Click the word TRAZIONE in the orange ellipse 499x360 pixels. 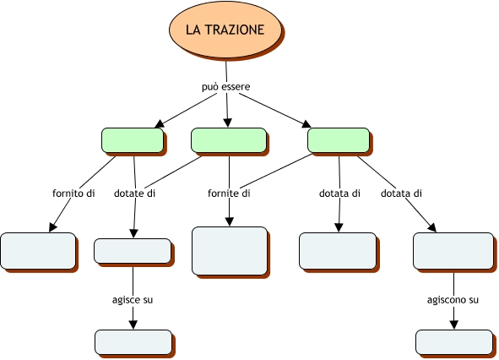click(235, 30)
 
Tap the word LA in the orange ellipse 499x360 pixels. click(193, 30)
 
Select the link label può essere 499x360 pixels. click(226, 87)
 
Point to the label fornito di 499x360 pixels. click(73, 194)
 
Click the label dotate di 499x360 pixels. click(134, 194)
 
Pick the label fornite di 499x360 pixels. click(229, 194)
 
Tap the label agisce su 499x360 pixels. click(133, 300)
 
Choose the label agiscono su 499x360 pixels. click(453, 300)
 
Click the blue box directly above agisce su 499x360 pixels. click(133, 251)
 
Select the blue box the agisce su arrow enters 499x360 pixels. click(133, 342)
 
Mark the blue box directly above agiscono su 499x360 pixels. click(453, 251)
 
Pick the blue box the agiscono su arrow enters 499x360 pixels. click(454, 342)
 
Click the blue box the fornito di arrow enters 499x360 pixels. click(38, 251)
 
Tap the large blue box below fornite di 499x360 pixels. click(230, 251)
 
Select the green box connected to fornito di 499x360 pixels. click(133, 140)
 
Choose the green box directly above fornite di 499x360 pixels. click(229, 140)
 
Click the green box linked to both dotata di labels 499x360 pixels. click(339, 140)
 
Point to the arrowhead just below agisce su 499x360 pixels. click(133, 325)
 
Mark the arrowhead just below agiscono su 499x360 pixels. click(454, 325)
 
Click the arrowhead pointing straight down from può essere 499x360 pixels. click(227, 123)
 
